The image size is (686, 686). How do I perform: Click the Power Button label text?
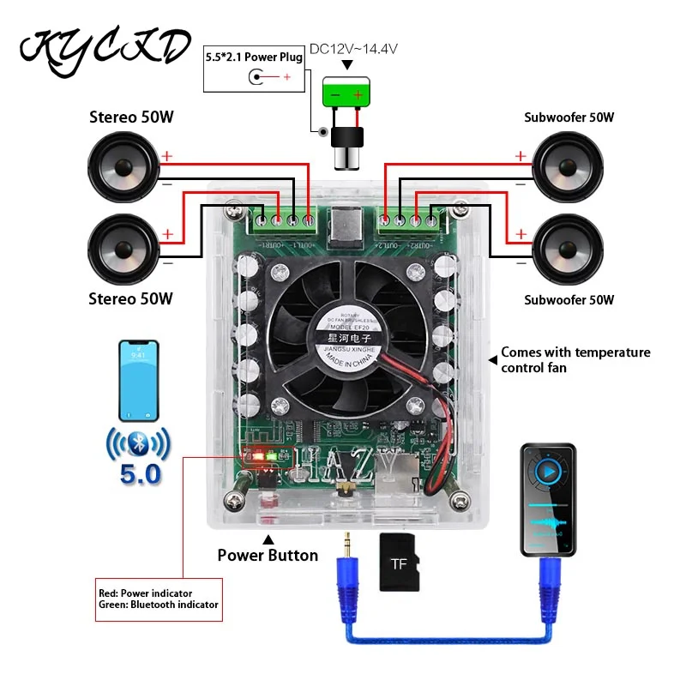click(268, 556)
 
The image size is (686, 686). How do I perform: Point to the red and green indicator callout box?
click(158, 599)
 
